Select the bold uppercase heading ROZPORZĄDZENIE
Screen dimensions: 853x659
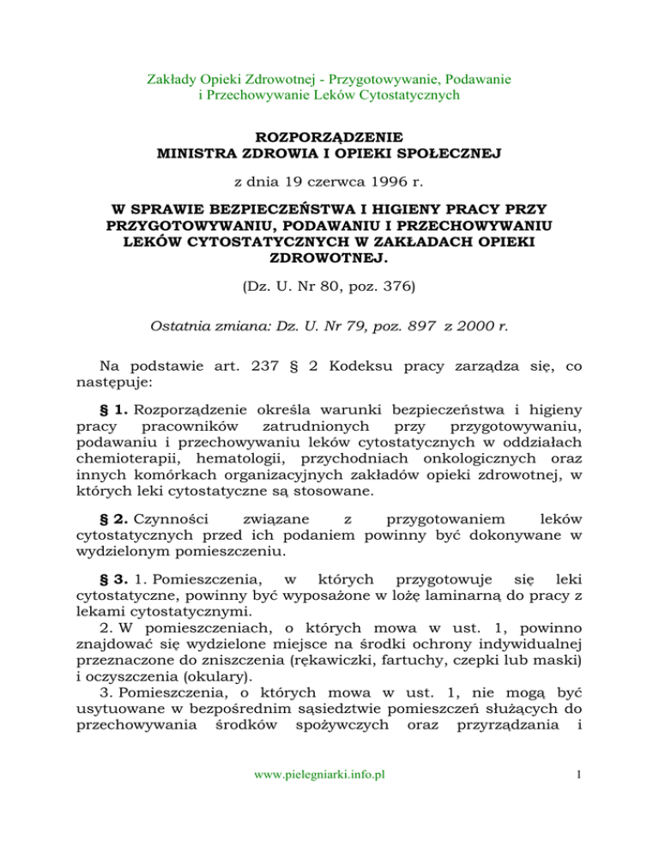329,137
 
